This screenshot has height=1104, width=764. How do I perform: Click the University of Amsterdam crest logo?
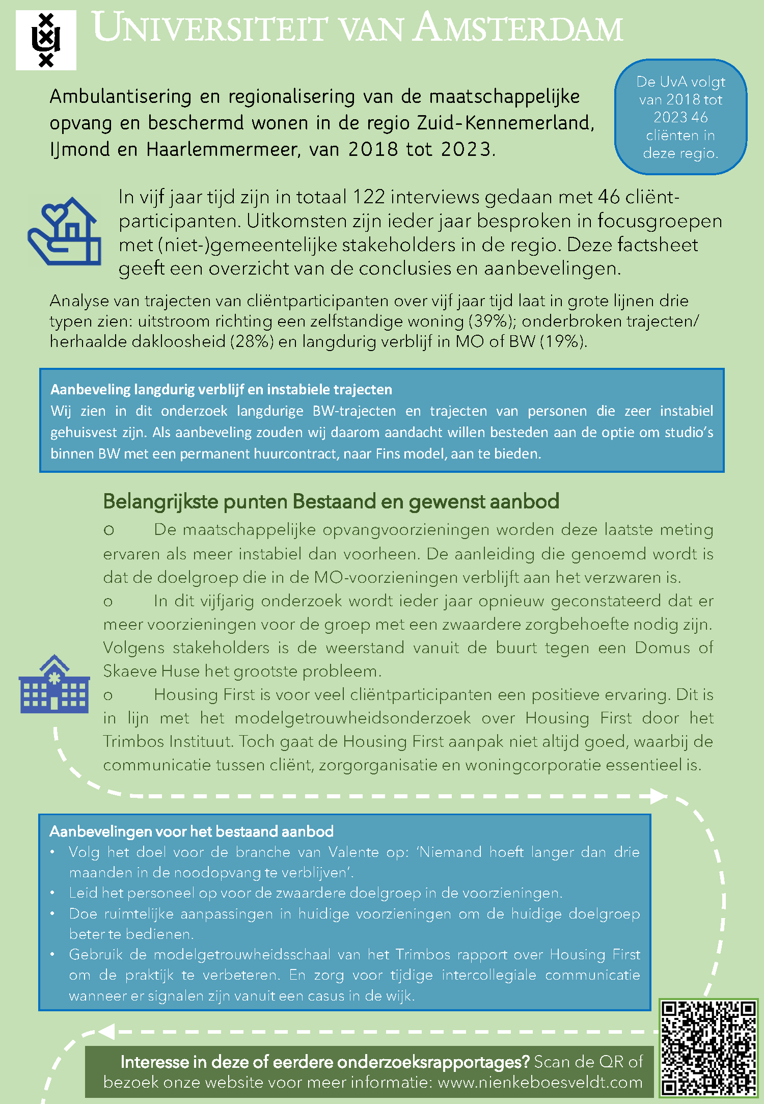point(46,40)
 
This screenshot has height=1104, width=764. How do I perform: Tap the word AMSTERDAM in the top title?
point(518,28)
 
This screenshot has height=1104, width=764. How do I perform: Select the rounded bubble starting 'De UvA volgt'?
point(680,117)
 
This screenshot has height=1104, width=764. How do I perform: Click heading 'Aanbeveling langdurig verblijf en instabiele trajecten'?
point(221,390)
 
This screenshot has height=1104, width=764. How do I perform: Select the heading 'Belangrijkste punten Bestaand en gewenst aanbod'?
point(331,502)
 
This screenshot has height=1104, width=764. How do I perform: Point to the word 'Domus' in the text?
point(663,648)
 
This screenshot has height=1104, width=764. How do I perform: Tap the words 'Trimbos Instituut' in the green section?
point(168,741)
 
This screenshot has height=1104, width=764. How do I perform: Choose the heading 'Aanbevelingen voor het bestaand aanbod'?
point(192,831)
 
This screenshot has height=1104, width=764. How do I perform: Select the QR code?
point(708,1048)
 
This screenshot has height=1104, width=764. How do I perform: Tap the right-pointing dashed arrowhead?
point(659,796)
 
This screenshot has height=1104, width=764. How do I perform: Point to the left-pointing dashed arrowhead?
point(106,1032)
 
